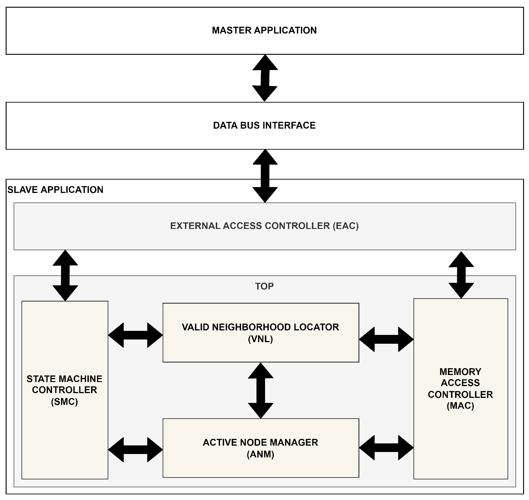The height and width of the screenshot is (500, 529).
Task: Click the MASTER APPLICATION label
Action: pyautogui.click(x=264, y=30)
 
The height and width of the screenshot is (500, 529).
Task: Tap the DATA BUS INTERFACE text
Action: pyautogui.click(x=264, y=125)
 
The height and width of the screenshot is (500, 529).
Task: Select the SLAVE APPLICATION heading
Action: pyautogui.click(x=55, y=190)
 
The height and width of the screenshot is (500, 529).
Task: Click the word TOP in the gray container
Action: pyautogui.click(x=264, y=286)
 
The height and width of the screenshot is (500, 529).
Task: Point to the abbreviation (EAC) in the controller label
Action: pyautogui.click(x=346, y=226)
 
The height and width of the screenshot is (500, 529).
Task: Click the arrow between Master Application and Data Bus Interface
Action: pyautogui.click(x=265, y=78)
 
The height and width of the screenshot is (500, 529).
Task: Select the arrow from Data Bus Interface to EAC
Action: pyautogui.click(x=265, y=176)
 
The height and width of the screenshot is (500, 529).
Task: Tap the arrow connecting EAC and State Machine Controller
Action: pyautogui.click(x=65, y=275)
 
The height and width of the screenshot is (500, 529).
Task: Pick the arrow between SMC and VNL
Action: pyautogui.click(x=135, y=335)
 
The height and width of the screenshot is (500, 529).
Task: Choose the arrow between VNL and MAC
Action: pyautogui.click(x=386, y=339)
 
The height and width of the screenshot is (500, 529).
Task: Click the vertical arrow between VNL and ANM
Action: pyautogui.click(x=261, y=390)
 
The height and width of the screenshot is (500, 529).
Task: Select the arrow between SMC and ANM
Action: pyautogui.click(x=135, y=450)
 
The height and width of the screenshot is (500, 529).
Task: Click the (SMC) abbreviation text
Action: pyautogui.click(x=64, y=402)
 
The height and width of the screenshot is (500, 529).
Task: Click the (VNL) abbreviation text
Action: pyautogui.click(x=260, y=339)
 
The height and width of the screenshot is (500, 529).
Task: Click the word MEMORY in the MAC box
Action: pyautogui.click(x=460, y=372)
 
